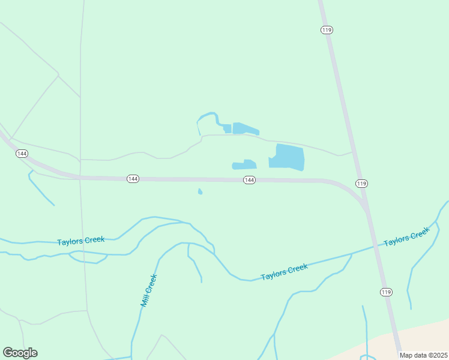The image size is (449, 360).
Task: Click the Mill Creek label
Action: (x=148, y=290)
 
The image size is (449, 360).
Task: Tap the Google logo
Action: (x=20, y=353)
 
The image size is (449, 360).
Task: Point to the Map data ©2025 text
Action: (x=424, y=355)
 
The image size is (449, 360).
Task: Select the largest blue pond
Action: (x=289, y=157)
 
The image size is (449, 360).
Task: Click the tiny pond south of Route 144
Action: (x=200, y=192)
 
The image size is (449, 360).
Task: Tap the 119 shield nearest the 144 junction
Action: (x=361, y=183)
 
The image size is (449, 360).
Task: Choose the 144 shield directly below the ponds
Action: (x=250, y=180)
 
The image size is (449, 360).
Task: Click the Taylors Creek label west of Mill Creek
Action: (x=81, y=241)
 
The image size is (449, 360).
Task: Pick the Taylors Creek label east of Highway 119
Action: (x=406, y=236)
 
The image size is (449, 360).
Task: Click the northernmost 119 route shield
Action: (x=327, y=30)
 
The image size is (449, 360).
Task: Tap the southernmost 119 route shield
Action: (x=386, y=292)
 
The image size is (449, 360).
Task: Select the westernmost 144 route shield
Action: (x=22, y=154)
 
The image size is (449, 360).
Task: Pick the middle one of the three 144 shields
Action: (x=133, y=179)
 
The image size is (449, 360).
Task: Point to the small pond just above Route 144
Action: (x=244, y=164)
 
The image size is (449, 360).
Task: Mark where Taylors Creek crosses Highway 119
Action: (x=376, y=246)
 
